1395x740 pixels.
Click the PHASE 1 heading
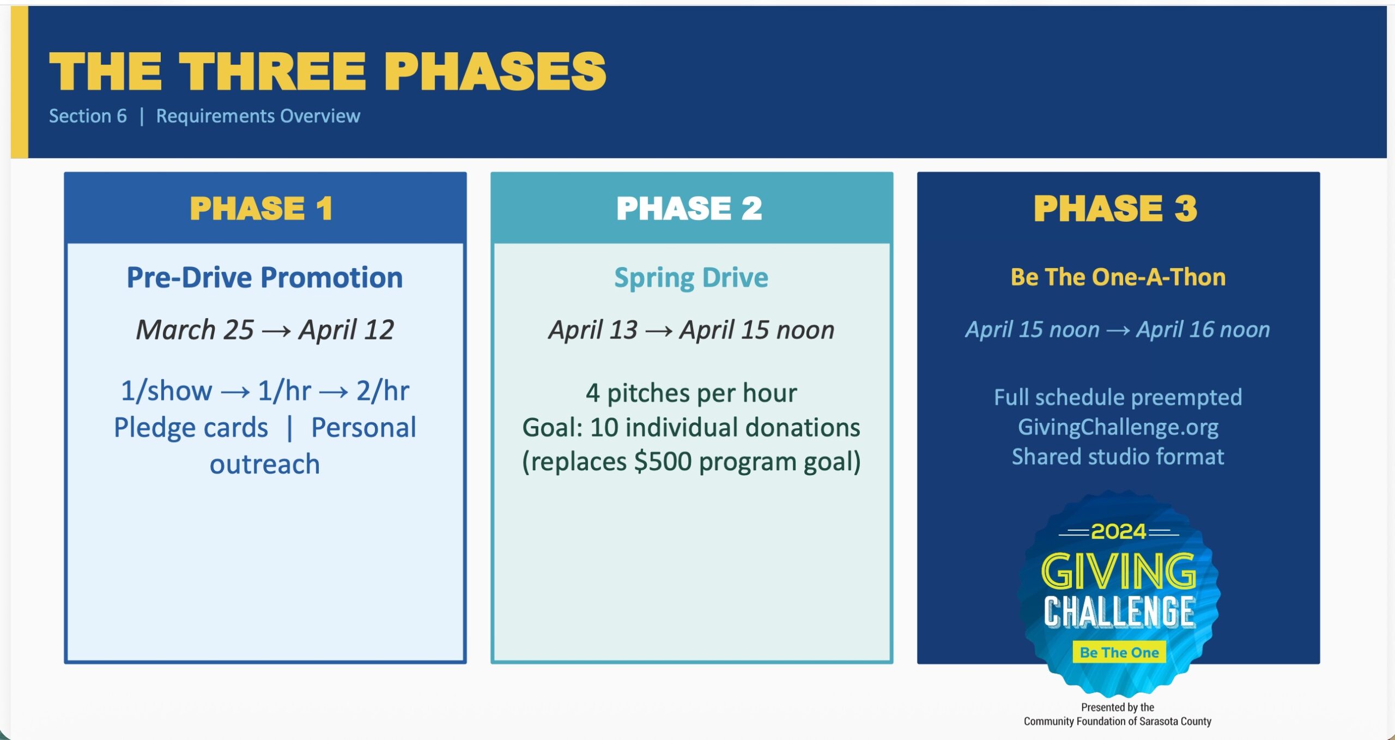coord(262,208)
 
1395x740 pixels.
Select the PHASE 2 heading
coord(689,208)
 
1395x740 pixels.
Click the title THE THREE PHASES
coord(327,72)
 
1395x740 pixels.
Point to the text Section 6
coord(88,116)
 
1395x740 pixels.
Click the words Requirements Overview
coord(258,116)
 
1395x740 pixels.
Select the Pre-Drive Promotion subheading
coord(265,277)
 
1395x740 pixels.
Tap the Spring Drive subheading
coord(691,277)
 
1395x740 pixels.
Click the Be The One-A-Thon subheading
coord(1118,277)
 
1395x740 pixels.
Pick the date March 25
coord(195,330)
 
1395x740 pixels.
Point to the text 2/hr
coord(383,391)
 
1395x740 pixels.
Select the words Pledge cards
coord(191,427)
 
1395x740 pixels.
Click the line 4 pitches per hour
coord(691,393)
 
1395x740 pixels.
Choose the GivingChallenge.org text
coord(1118,427)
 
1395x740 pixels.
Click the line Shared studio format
coord(1118,457)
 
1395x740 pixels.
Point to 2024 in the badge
coord(1118,531)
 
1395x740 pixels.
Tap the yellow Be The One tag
coord(1119,652)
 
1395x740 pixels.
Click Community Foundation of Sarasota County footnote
coord(1117,721)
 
